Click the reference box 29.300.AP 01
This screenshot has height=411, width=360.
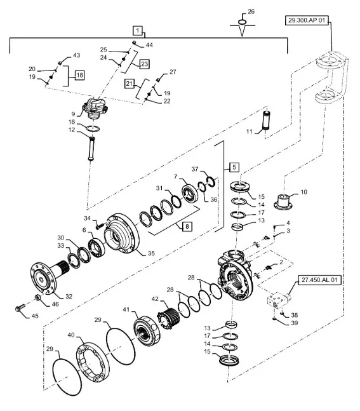click(x=307, y=20)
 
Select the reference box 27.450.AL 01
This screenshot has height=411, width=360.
click(x=319, y=280)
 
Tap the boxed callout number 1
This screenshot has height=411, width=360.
click(x=138, y=30)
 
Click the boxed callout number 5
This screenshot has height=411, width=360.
click(x=234, y=167)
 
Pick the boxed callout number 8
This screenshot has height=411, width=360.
click(x=187, y=226)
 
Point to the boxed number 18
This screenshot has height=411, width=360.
click(x=79, y=75)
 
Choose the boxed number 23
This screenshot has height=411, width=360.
click(x=145, y=64)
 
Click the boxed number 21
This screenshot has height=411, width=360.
click(x=130, y=84)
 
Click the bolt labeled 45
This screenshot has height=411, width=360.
click(x=20, y=308)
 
